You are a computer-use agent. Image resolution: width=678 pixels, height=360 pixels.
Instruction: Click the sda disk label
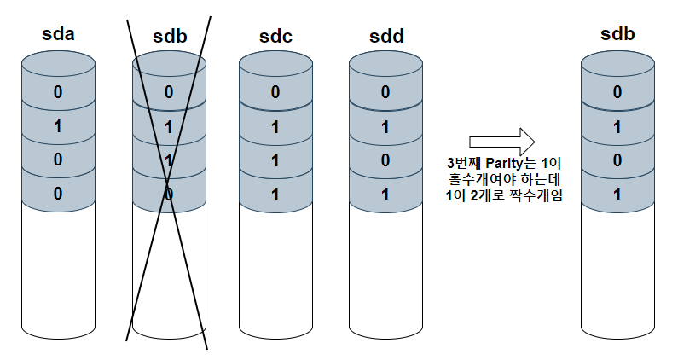pos(58,37)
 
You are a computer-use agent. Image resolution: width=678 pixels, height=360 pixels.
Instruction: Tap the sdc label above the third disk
pos(275,37)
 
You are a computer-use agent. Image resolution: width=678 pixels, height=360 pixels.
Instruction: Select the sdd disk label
pos(385,37)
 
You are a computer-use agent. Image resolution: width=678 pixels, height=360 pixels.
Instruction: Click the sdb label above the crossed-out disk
pos(169,37)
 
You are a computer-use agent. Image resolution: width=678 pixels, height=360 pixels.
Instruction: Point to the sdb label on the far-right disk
pos(617,37)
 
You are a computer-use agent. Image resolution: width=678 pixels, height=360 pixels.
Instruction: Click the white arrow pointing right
pos(501,141)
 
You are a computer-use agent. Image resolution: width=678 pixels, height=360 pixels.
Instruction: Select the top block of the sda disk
pos(58,92)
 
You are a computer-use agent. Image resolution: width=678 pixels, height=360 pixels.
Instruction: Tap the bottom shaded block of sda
pos(58,193)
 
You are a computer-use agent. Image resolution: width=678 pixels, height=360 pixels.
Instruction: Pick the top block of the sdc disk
pos(275,92)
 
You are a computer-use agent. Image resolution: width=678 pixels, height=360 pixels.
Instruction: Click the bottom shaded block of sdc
pos(275,193)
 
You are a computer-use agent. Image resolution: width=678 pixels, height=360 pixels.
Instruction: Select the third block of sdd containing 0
pos(385,160)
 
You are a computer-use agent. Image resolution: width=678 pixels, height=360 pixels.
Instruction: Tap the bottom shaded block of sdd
pos(385,193)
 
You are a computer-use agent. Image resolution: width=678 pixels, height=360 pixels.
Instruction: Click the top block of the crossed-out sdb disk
pos(169,92)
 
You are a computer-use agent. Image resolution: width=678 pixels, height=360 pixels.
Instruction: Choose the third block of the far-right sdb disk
pos(617,160)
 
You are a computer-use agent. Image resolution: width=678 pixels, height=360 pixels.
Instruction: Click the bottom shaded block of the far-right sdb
pos(617,193)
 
